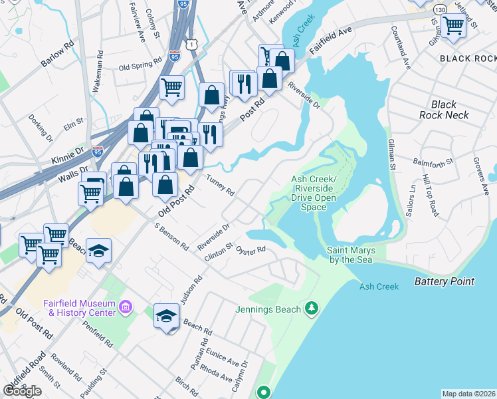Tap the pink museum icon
pyautogui.click(x=126, y=308)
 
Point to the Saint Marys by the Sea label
pyautogui.click(x=351, y=255)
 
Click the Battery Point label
pyautogui.click(x=445, y=281)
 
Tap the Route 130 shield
pyautogui.click(x=440, y=10)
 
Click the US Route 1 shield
pyautogui.click(x=191, y=43)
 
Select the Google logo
pyautogui.click(x=22, y=391)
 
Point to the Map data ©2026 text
pyautogui.click(x=468, y=394)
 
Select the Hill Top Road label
pyautogui.click(x=430, y=196)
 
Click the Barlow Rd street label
pyautogui.click(x=57, y=56)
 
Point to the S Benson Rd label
pyautogui.click(x=171, y=237)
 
